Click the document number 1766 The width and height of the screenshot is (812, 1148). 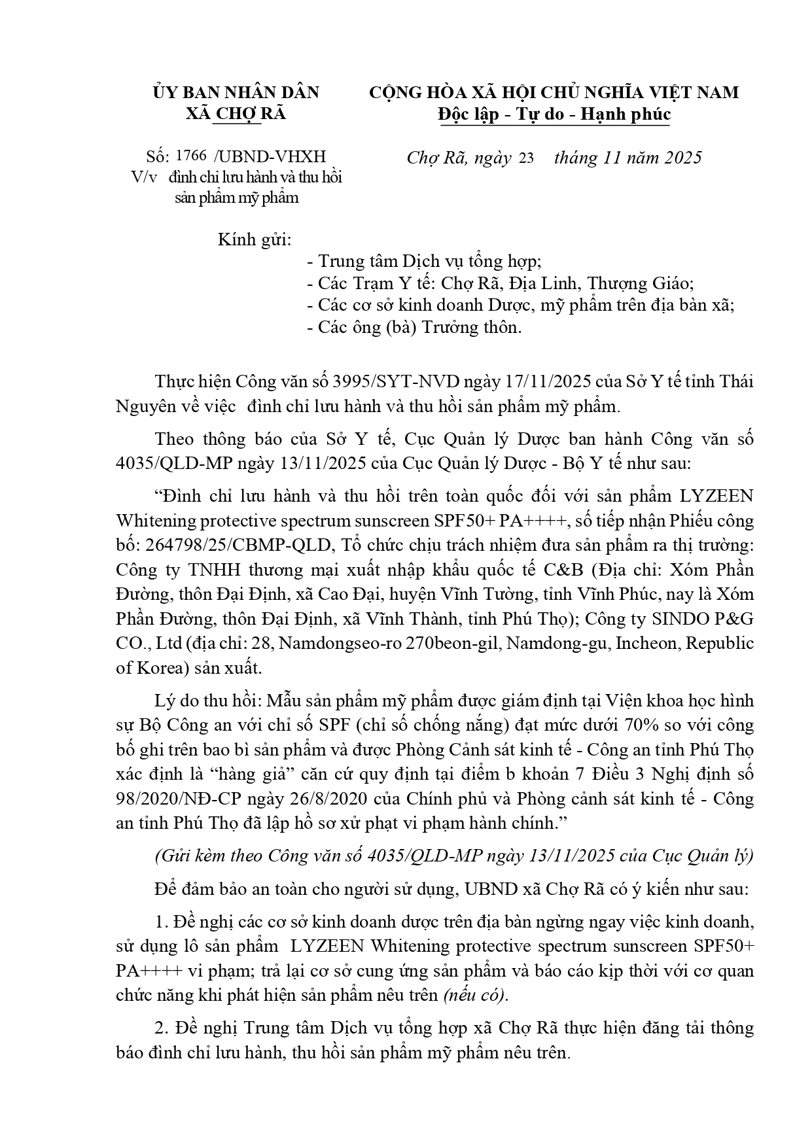click(192, 156)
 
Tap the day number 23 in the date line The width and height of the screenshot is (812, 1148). click(526, 158)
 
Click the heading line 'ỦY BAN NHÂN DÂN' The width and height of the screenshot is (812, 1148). click(236, 92)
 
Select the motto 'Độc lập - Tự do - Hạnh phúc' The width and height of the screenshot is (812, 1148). click(554, 114)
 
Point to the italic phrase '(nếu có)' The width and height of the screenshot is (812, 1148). click(474, 995)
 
